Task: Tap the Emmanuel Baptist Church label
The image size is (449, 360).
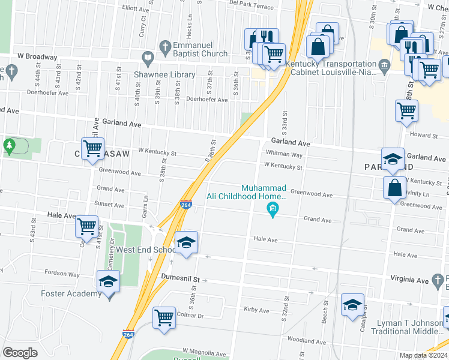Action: pos(200,49)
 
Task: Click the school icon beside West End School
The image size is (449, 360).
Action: pos(186,242)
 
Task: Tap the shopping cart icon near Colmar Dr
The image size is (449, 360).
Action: pos(164,318)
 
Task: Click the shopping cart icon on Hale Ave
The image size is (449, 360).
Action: pos(86,227)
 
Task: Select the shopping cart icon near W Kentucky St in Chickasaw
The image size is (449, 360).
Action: pos(92,149)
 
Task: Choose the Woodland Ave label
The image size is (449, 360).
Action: pos(306,340)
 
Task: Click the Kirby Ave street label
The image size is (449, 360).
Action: pos(256,310)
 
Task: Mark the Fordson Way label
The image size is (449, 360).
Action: pos(62,274)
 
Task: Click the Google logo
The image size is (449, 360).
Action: pos(20,353)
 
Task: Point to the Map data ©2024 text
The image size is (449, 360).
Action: pos(423,355)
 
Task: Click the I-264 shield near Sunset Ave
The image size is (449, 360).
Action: pos(186,205)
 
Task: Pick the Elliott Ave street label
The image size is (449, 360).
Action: pos(135,10)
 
